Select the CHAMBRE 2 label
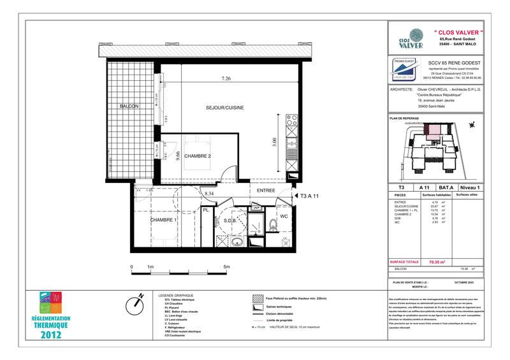click(x=198, y=156)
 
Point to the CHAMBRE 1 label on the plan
click(x=163, y=220)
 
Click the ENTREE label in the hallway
click(x=266, y=191)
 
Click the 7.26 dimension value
click(x=226, y=78)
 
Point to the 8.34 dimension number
click(x=208, y=193)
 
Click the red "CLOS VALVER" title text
click(x=458, y=32)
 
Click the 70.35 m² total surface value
click(x=437, y=262)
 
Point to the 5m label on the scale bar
click(x=226, y=267)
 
